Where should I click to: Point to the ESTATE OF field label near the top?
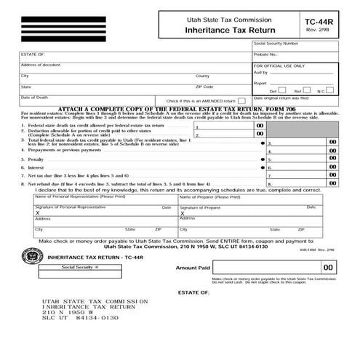[x=33, y=54]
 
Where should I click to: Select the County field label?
[x=202, y=76]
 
